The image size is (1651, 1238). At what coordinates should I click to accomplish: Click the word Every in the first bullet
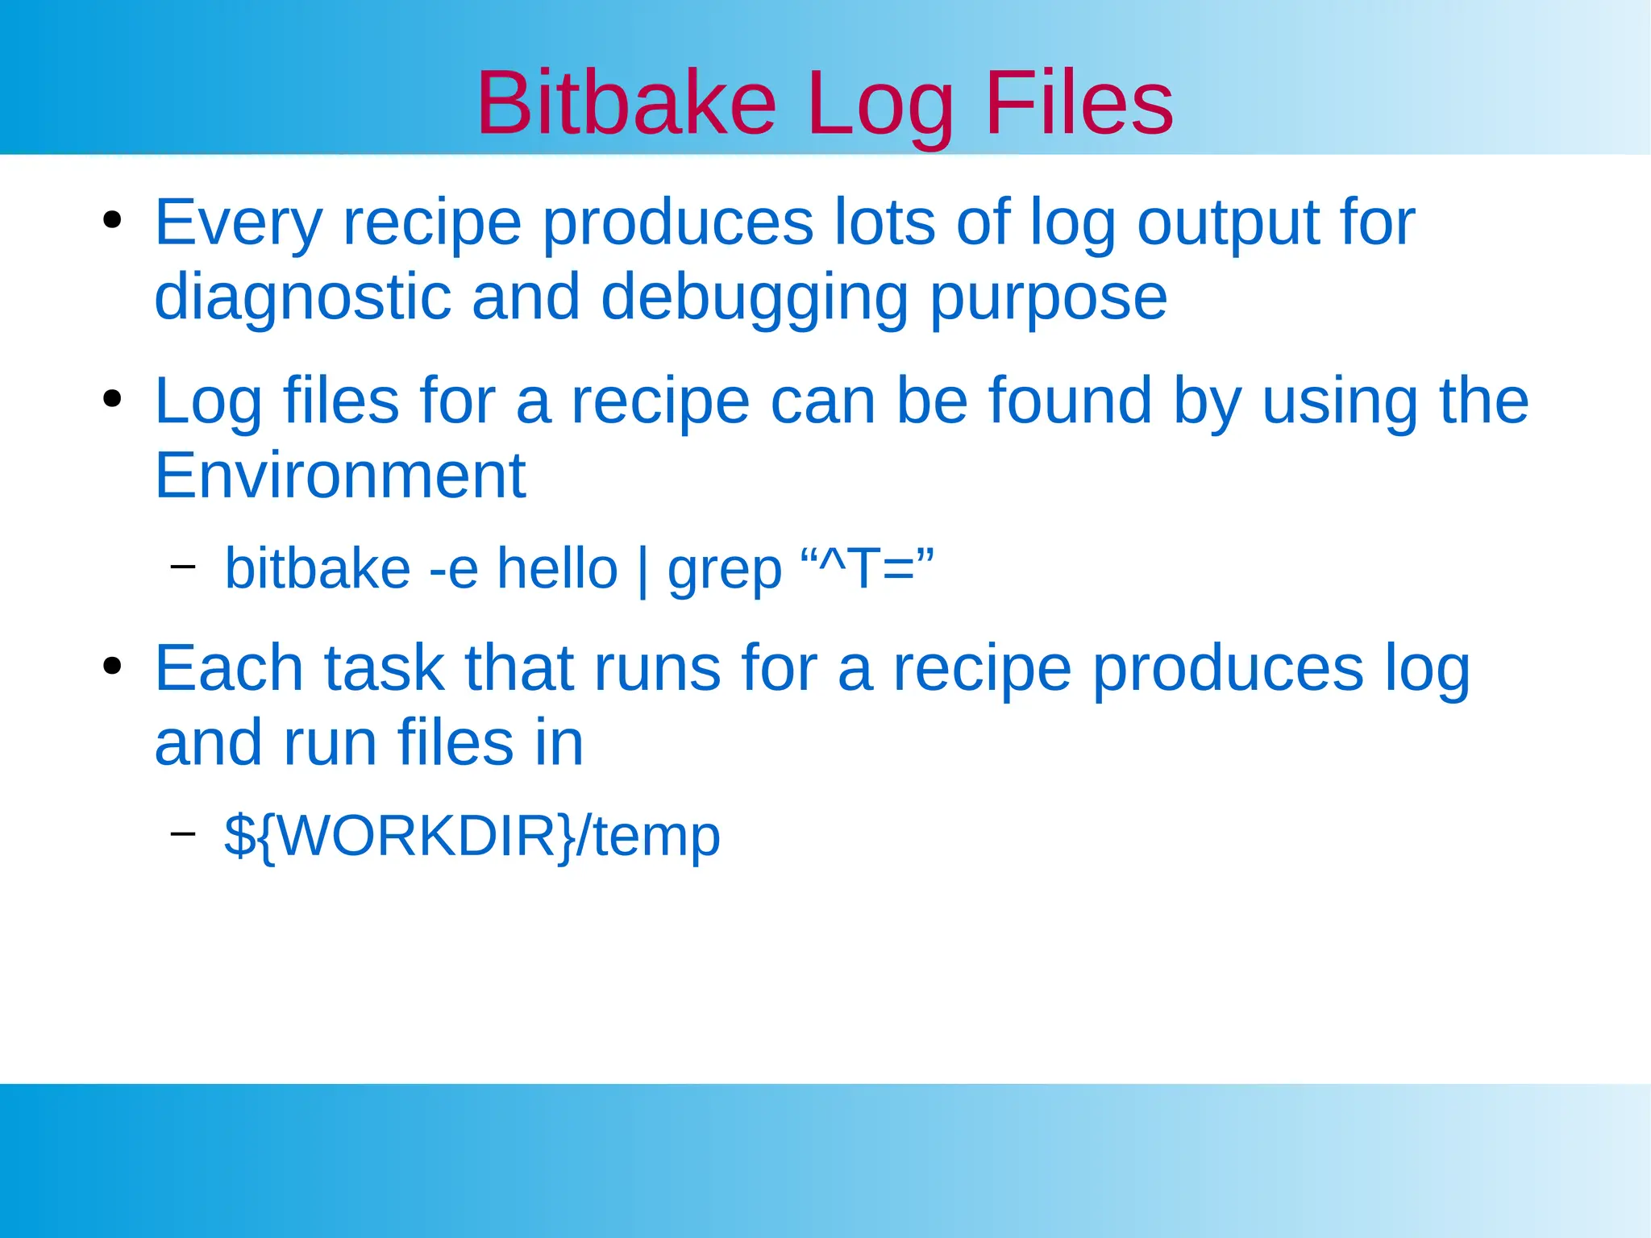pyautogui.click(x=239, y=222)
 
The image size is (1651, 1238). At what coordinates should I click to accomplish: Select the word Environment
pyautogui.click(x=339, y=476)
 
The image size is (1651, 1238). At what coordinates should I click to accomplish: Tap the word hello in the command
pyautogui.click(x=557, y=569)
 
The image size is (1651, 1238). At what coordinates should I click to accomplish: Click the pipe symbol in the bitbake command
pyautogui.click(x=643, y=571)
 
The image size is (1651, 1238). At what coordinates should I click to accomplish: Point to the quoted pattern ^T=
pyautogui.click(x=867, y=567)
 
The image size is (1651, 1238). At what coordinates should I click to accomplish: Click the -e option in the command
pyautogui.click(x=454, y=569)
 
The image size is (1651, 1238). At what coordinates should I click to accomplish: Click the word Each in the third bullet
pyautogui.click(x=229, y=668)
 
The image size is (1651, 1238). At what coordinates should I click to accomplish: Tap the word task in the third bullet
pyautogui.click(x=385, y=668)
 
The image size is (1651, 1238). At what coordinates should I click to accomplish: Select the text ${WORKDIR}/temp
pyautogui.click(x=472, y=836)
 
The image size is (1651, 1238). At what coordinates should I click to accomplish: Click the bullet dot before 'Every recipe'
pyautogui.click(x=112, y=220)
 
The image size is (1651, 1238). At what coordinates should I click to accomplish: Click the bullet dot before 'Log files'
pyautogui.click(x=112, y=399)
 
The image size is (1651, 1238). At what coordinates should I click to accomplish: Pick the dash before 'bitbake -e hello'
pyautogui.click(x=183, y=567)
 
